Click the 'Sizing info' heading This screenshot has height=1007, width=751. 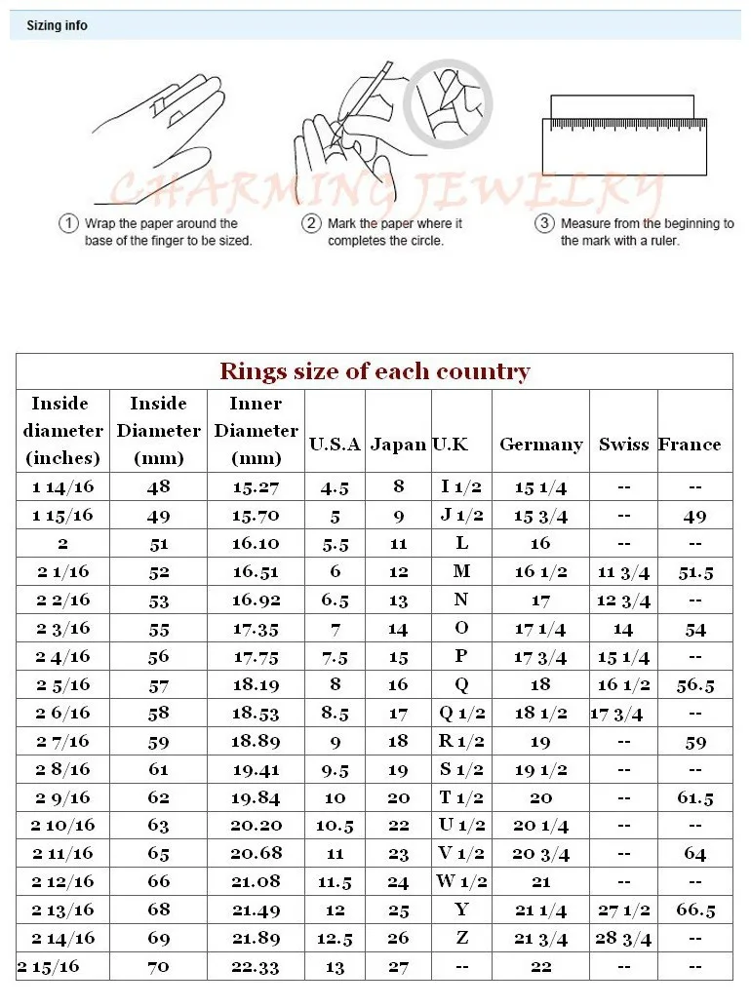(57, 25)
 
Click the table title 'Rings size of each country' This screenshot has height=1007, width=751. (375, 371)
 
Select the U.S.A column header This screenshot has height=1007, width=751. (335, 445)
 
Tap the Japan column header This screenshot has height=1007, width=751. (398, 445)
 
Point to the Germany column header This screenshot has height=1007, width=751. (540, 445)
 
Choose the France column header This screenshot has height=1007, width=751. (690, 445)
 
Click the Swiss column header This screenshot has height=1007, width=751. (623, 445)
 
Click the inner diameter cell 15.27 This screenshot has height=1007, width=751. (256, 487)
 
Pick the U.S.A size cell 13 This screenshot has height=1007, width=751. (335, 967)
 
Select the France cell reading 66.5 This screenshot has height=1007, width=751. (695, 910)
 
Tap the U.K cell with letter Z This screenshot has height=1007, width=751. (461, 938)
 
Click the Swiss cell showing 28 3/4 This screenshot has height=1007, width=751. (623, 939)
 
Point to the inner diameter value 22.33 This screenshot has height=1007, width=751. (256, 967)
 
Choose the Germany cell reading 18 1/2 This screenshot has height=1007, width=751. (540, 713)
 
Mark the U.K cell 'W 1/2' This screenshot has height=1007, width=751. (461, 882)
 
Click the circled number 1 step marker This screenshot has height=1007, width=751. (68, 224)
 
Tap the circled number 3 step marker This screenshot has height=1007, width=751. (544, 224)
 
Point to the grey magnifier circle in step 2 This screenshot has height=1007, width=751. (448, 100)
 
